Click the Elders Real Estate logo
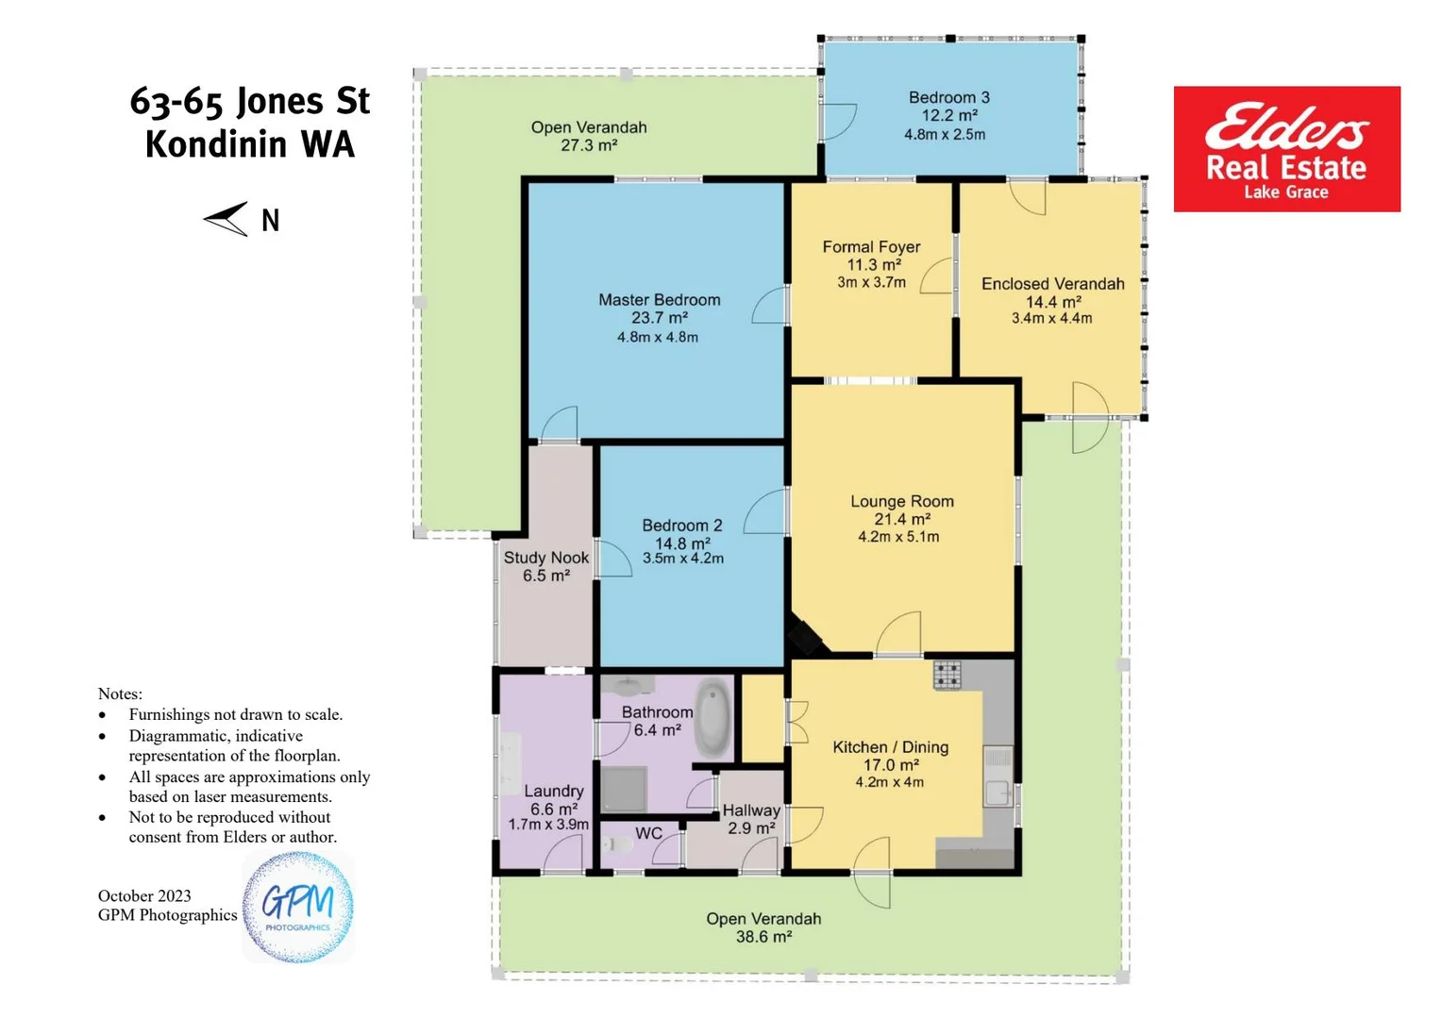coord(1286,149)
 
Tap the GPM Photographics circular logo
coord(298,907)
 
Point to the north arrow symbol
coord(226,219)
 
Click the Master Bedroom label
coord(659,300)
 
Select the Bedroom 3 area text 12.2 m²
coord(948,116)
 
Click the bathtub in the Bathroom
coord(713,720)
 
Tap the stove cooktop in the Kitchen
coord(947,675)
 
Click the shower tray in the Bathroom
coord(624,790)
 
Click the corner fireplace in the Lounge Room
coord(804,636)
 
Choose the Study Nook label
coord(545,558)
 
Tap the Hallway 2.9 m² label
coord(751,819)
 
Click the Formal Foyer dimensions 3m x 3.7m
coord(871,282)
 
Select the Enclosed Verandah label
coord(1052,284)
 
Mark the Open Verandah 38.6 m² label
coord(763,927)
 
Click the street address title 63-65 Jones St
coord(249,101)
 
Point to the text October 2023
coord(144,895)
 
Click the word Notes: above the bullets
coord(120,693)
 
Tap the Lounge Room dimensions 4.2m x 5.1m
coord(898,537)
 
